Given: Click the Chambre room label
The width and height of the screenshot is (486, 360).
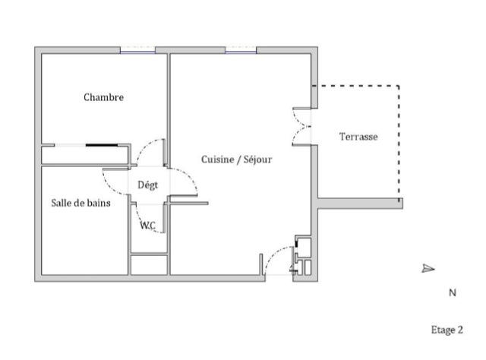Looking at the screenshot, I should click(x=103, y=97).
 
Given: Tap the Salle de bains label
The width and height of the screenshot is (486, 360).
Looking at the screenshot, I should click(x=81, y=203).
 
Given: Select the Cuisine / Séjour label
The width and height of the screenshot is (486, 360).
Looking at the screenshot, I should click(x=236, y=159).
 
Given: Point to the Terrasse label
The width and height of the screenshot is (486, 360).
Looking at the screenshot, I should click(x=358, y=137).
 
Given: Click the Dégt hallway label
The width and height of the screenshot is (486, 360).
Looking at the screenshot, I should click(x=147, y=185).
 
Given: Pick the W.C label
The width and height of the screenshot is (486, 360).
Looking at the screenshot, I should click(x=148, y=225).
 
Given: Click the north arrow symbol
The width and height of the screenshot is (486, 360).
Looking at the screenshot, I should click(x=428, y=268).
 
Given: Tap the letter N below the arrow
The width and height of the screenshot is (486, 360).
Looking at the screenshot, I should click(x=452, y=292).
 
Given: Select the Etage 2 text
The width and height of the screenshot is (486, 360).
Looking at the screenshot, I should click(x=447, y=330).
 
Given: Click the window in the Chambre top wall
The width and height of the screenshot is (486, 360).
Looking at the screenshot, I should click(x=137, y=50).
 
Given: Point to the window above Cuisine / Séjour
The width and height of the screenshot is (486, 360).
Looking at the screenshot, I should click(x=241, y=50).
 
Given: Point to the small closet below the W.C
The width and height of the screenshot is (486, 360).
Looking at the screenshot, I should click(x=149, y=265).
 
